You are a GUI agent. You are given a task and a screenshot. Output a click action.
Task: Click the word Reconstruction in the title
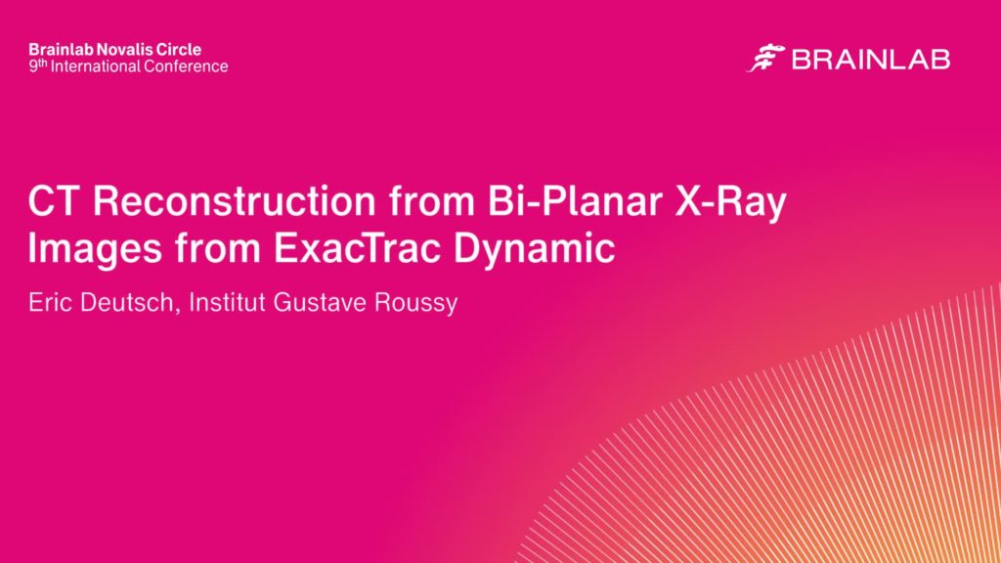coord(235,201)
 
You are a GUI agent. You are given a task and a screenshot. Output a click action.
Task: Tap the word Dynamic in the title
coord(535,249)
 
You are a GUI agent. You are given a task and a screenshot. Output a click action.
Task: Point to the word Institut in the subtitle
coord(227,302)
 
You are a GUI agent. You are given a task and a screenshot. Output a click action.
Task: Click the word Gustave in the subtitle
coord(320,302)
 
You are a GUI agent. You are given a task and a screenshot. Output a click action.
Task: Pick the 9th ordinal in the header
coord(38,65)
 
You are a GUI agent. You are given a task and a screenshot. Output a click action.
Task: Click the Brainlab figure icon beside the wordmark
coord(765,58)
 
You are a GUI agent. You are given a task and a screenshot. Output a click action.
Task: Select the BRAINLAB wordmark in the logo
coord(871,60)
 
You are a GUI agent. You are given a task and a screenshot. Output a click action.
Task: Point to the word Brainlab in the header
coord(62,50)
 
